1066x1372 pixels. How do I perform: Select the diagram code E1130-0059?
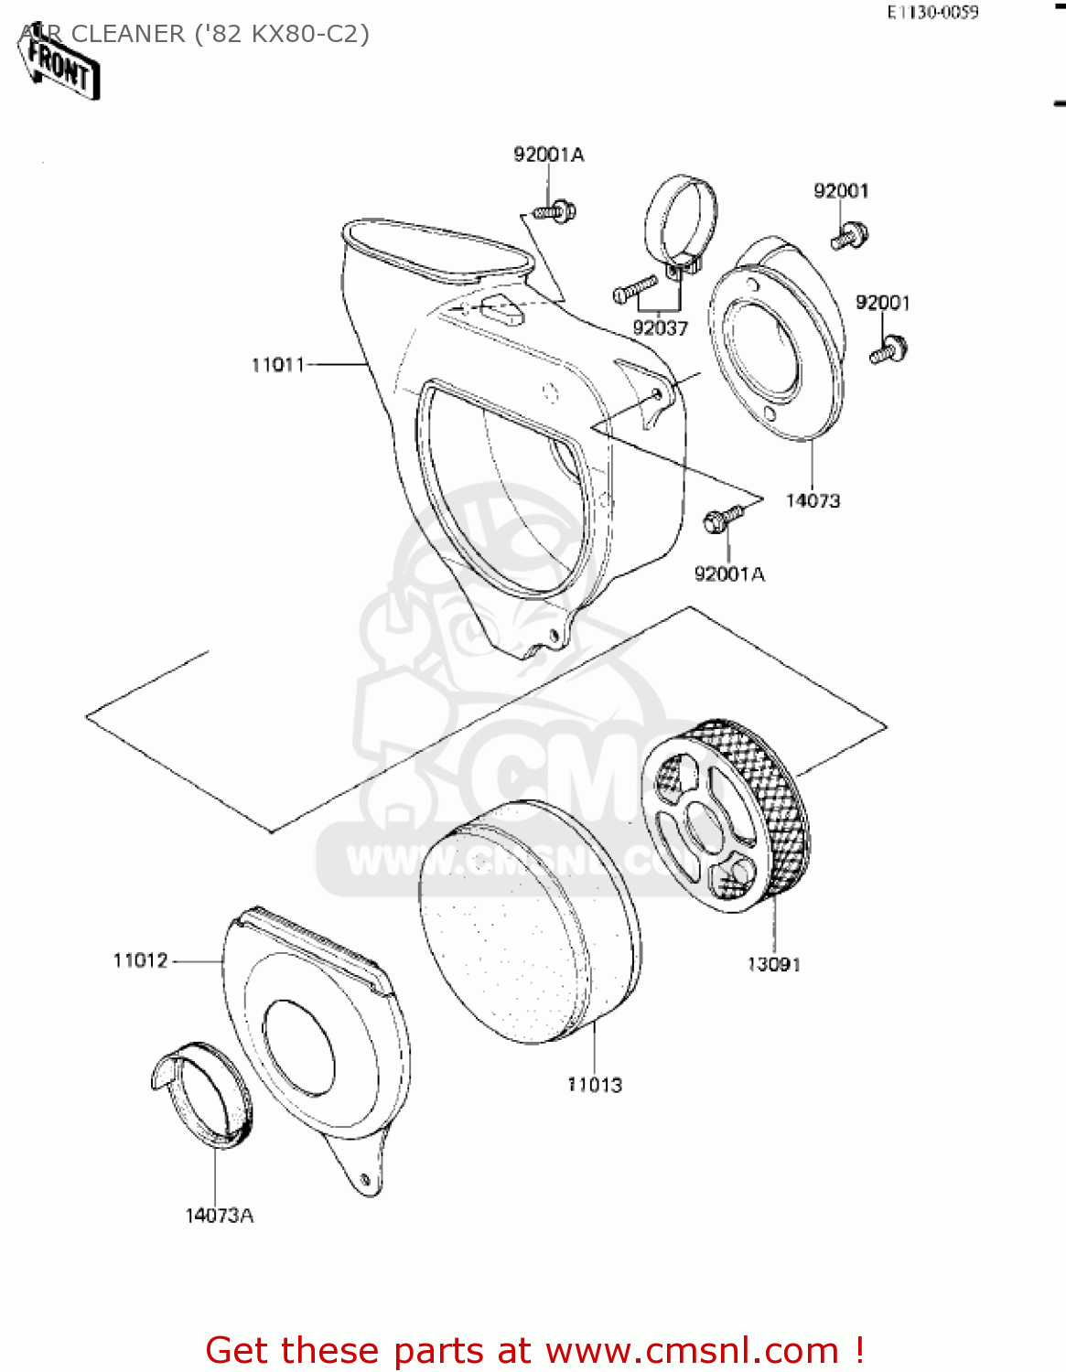pyautogui.click(x=932, y=13)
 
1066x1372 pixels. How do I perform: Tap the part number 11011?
pyautogui.click(x=277, y=365)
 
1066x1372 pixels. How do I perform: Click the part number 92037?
pyautogui.click(x=660, y=327)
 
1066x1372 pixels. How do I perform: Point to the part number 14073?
pyautogui.click(x=813, y=500)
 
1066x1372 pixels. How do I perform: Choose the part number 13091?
pyautogui.click(x=773, y=964)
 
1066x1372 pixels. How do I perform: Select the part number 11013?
pyautogui.click(x=595, y=1085)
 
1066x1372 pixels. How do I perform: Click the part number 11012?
pyautogui.click(x=141, y=960)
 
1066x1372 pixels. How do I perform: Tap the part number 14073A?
pyautogui.click(x=220, y=1216)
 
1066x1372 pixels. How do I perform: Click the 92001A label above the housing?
pyautogui.click(x=548, y=155)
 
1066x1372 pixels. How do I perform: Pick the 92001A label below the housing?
pyautogui.click(x=729, y=573)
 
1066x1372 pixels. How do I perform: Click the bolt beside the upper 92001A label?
pyautogui.click(x=555, y=211)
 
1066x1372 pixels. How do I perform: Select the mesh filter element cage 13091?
pyautogui.click(x=726, y=817)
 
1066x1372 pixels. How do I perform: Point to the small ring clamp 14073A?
pyautogui.click(x=201, y=1093)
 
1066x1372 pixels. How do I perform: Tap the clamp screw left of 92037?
pyautogui.click(x=634, y=288)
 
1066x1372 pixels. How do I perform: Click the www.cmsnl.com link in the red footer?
pyautogui.click(x=691, y=1350)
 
